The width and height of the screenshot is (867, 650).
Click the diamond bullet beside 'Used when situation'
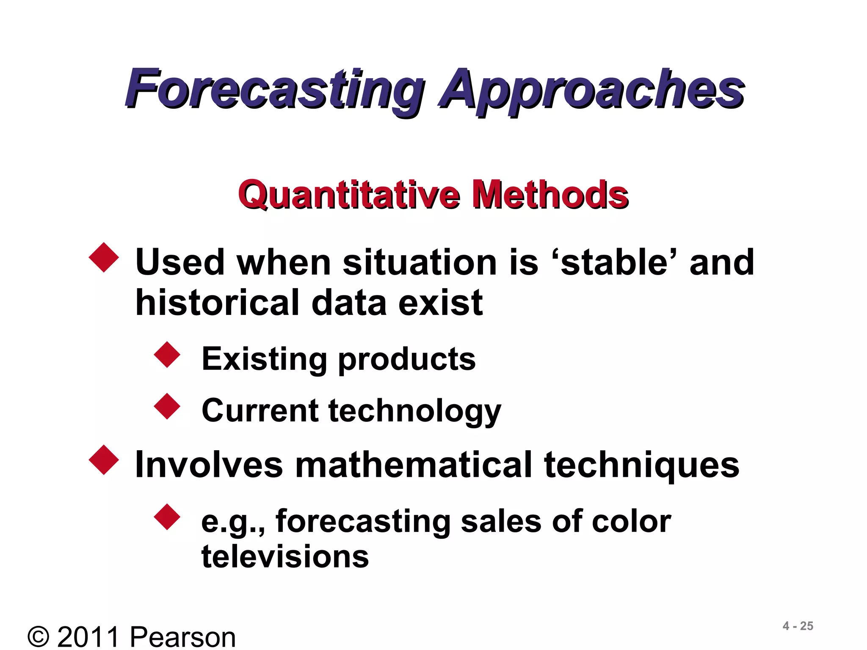pyautogui.click(x=104, y=257)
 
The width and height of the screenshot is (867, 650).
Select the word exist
pyautogui.click(x=440, y=303)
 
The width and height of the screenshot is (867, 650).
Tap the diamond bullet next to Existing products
pyautogui.click(x=167, y=355)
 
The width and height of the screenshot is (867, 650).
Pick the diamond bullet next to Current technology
pyautogui.click(x=167, y=406)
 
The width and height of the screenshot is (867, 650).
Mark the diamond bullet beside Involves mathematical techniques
pyautogui.click(x=104, y=460)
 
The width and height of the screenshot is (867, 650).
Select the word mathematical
pyautogui.click(x=413, y=465)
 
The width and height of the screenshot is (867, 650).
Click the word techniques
pyautogui.click(x=641, y=465)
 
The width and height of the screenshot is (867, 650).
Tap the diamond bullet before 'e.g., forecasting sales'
pyautogui.click(x=167, y=517)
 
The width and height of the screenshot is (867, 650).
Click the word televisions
pyautogui.click(x=285, y=556)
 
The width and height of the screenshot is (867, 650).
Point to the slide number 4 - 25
pyautogui.click(x=798, y=626)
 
